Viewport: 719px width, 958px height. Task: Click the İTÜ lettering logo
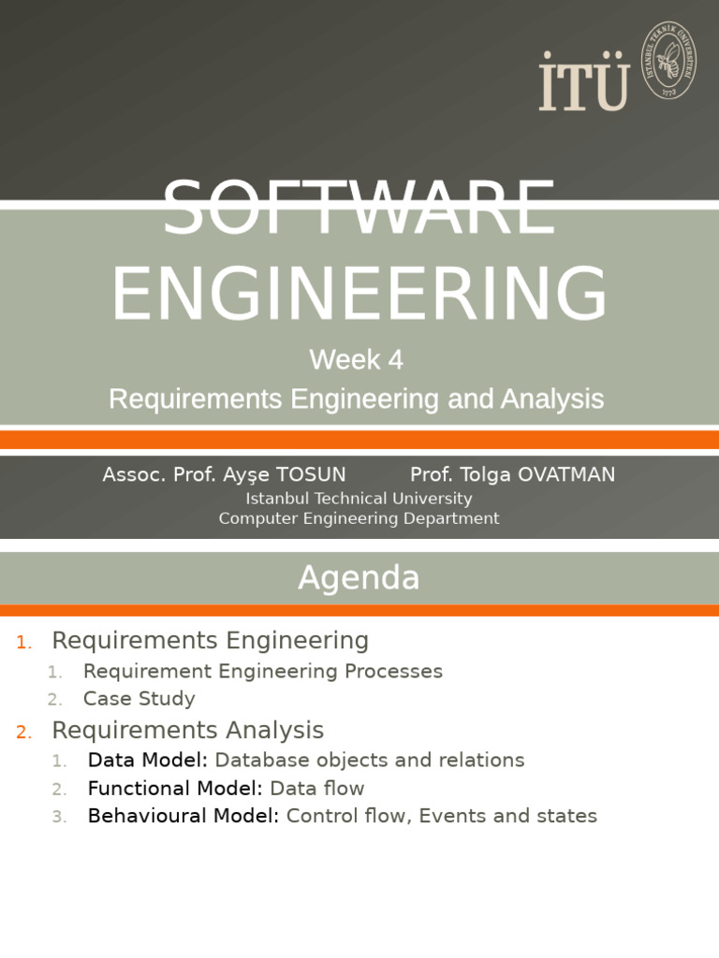(583, 82)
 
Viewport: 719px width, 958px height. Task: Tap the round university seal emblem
(668, 59)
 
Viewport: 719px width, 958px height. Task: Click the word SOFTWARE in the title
(359, 208)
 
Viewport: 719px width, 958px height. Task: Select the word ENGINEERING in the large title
(359, 293)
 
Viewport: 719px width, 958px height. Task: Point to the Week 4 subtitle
(357, 359)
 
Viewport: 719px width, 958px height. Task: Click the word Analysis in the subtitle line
(551, 399)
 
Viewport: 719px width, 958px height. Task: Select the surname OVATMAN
(561, 475)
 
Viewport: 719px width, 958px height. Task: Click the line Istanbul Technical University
(359, 499)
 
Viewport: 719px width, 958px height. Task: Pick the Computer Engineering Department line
(359, 518)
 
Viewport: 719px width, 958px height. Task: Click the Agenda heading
(359, 578)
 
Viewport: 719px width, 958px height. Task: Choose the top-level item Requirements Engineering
(210, 641)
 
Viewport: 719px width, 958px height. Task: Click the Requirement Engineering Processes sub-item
(262, 672)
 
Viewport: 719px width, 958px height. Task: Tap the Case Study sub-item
(139, 699)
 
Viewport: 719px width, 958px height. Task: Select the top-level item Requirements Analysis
(187, 731)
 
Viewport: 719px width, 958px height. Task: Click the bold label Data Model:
(147, 761)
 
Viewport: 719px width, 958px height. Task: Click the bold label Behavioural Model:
(183, 816)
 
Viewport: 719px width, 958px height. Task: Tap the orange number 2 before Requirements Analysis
(22, 733)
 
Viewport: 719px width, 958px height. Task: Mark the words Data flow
(316, 789)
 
